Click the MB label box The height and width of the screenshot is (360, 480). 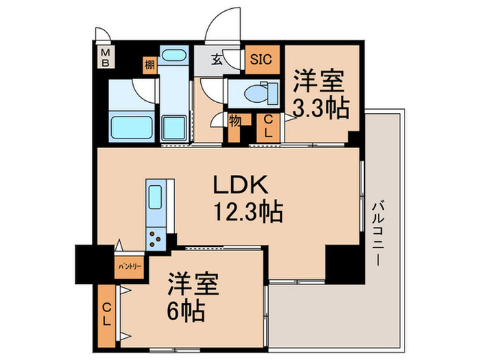pos(106,56)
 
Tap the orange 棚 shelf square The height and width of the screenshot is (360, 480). pos(149,66)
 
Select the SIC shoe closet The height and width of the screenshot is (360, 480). pos(261,60)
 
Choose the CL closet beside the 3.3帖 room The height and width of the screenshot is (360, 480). pos(268,127)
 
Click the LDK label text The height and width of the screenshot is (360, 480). pos(239,185)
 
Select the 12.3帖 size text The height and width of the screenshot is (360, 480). pos(248,213)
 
